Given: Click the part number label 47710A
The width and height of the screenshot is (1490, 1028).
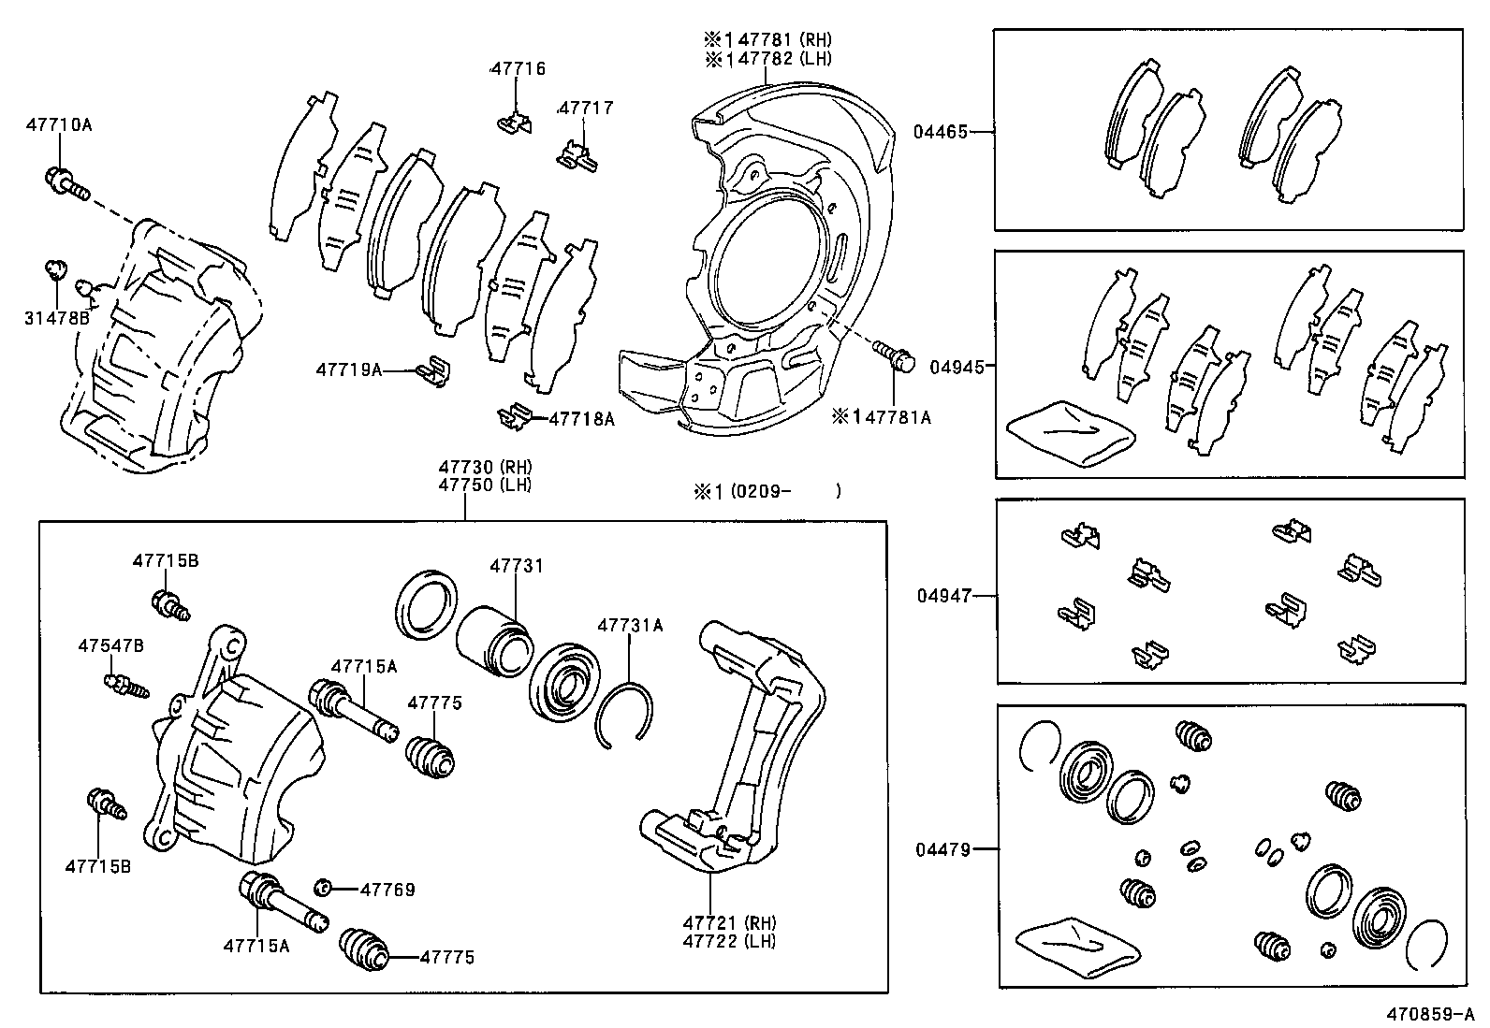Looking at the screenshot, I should pyautogui.click(x=59, y=123).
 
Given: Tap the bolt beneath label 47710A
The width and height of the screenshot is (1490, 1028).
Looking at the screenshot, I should pyautogui.click(x=66, y=182).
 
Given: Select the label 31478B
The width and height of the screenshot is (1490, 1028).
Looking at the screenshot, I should pyautogui.click(x=57, y=318).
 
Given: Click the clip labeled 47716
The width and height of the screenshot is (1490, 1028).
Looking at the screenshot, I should pyautogui.click(x=515, y=123).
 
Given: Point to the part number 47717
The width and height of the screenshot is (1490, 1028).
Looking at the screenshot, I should pyautogui.click(x=586, y=108).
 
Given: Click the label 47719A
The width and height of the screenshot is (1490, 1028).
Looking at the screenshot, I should pyautogui.click(x=349, y=369).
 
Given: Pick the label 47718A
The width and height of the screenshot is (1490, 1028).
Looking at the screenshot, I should pyautogui.click(x=581, y=419).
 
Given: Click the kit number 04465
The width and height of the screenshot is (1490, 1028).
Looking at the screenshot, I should pyautogui.click(x=941, y=132).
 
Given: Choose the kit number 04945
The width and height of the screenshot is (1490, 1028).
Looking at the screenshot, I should pyautogui.click(x=957, y=368).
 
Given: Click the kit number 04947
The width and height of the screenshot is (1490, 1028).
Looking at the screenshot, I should pyautogui.click(x=944, y=595).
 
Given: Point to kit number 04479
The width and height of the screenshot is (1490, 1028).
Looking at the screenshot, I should pyautogui.click(x=942, y=849).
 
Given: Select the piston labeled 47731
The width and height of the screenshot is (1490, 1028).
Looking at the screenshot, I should pyautogui.click(x=496, y=639).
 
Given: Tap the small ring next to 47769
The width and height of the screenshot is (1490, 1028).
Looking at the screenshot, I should pyautogui.click(x=322, y=887).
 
